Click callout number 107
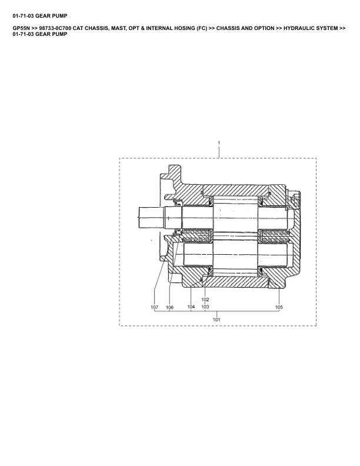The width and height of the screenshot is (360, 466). tap(155, 307)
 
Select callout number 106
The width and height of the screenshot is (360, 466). tap(169, 307)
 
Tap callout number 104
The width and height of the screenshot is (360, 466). tap(191, 307)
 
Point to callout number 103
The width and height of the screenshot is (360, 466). tap(205, 307)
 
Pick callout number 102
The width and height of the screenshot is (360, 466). tap(205, 299)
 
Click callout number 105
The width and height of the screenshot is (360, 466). tap(279, 307)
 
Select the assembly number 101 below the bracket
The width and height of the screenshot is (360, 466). tap(216, 319)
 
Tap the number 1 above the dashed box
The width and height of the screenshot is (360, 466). tap(219, 143)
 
